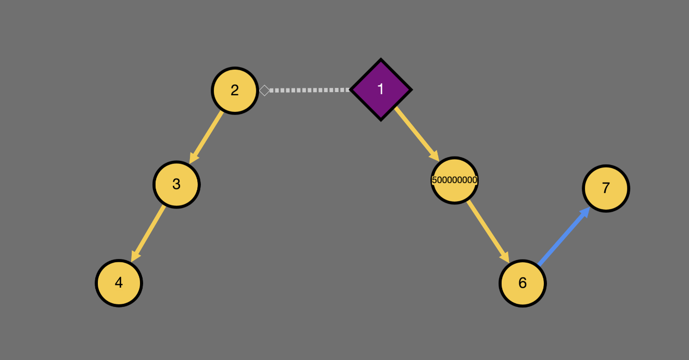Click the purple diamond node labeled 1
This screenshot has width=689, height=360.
point(381,89)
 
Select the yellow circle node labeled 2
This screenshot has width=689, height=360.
point(235,91)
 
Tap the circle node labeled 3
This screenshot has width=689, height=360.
point(176,185)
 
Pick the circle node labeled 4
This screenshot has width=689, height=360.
point(119,283)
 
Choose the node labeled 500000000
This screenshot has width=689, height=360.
point(455,181)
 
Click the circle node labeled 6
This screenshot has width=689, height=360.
point(522,283)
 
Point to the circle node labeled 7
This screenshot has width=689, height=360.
point(606,188)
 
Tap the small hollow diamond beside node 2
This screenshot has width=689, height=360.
point(264,91)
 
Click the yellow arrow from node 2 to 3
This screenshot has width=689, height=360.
point(206,137)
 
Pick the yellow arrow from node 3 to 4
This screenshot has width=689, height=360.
point(148,234)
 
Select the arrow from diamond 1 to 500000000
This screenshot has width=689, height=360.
point(417,134)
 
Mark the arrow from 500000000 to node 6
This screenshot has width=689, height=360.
point(488,232)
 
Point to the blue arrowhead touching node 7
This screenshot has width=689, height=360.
point(584,213)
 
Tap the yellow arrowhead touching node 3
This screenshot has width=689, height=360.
point(194,158)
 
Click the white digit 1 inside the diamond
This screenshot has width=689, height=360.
point(381,89)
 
